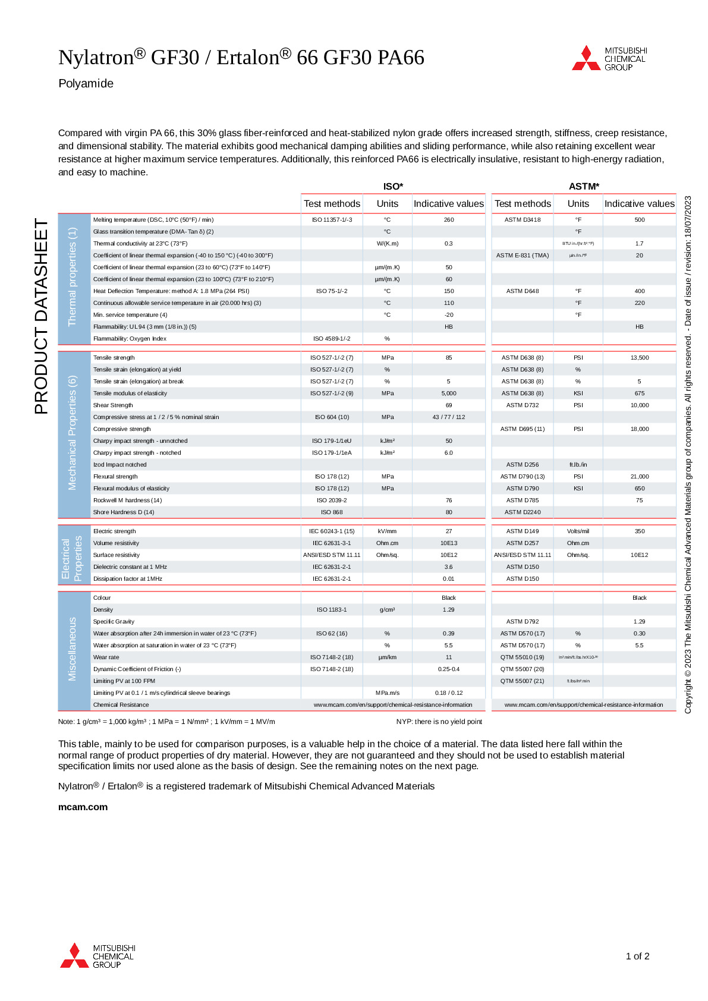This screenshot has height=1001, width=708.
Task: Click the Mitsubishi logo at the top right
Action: (609, 58)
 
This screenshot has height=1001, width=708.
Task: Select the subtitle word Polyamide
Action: (86, 83)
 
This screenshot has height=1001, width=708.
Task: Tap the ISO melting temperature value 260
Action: (449, 220)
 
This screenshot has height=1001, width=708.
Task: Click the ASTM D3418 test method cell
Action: (523, 220)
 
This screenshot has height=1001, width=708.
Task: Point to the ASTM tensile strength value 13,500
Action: (640, 358)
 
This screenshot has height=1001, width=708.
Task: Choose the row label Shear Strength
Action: (113, 405)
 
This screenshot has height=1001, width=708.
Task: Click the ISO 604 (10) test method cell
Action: (332, 417)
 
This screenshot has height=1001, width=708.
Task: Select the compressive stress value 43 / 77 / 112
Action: (449, 417)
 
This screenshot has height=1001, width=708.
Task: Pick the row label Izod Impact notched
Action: (119, 465)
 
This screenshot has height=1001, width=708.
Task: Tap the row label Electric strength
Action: (114, 531)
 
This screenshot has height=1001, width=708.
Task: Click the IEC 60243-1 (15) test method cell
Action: (332, 531)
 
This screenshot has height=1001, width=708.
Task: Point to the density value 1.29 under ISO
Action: (449, 610)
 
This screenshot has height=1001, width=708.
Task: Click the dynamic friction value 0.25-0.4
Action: (449, 669)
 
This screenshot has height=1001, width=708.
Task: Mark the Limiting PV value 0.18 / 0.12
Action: (449, 693)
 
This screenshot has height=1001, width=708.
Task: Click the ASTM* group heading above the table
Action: (584, 187)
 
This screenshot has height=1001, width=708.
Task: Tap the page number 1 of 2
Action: (637, 956)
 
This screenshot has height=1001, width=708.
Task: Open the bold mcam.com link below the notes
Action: (83, 807)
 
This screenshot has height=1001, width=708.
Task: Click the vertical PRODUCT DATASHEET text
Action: (41, 316)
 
